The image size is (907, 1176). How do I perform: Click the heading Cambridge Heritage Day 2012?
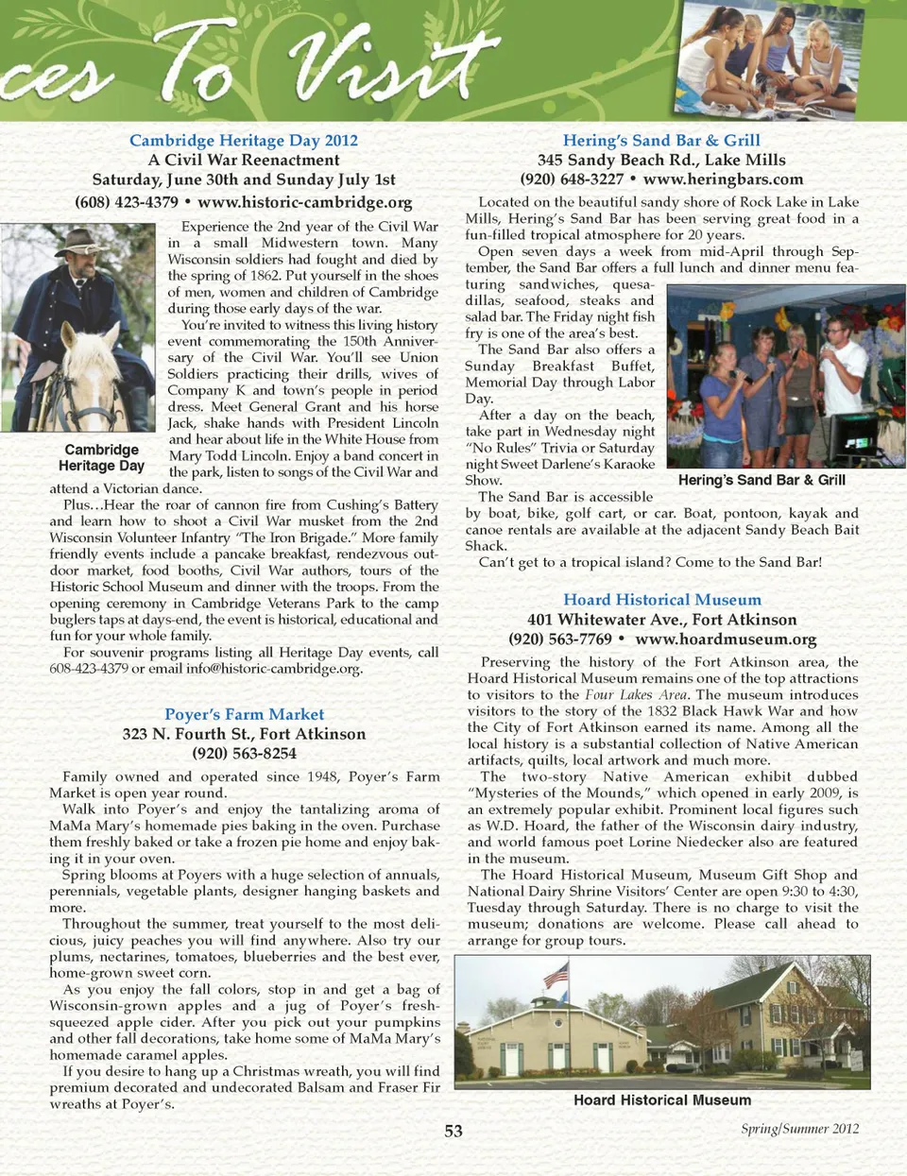point(244,141)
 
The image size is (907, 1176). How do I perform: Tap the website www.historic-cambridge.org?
point(305,202)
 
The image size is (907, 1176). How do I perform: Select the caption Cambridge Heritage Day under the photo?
point(101,458)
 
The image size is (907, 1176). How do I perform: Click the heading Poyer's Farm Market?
point(244,714)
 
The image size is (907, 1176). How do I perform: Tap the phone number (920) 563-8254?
point(244,754)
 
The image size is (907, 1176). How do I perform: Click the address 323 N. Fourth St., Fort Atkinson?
point(244,734)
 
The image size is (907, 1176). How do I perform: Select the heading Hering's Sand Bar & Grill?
point(661,141)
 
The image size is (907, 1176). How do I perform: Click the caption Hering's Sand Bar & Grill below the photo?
point(762,480)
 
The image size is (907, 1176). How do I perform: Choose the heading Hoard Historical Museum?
point(661,600)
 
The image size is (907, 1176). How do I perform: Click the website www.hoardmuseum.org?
point(726,639)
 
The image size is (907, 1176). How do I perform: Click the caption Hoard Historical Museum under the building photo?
point(662,1100)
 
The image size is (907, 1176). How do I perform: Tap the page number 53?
point(453,1131)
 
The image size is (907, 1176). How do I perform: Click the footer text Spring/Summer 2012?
point(799,1128)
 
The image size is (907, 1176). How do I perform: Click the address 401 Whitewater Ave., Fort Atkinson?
point(661,620)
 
